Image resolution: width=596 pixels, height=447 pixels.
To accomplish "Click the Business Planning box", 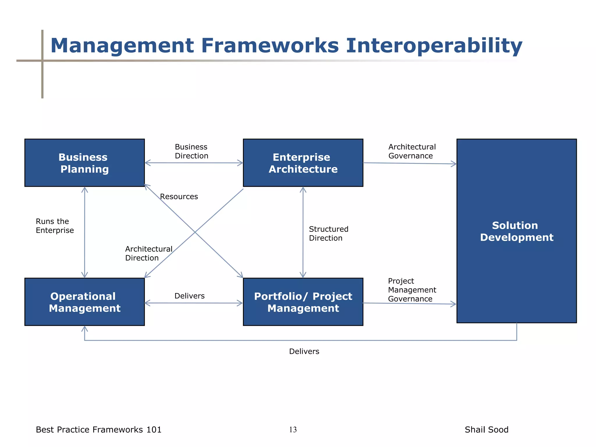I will [84, 163].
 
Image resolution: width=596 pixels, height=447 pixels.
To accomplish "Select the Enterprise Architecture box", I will [303, 163].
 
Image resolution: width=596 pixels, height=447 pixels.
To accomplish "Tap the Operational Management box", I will [84, 302].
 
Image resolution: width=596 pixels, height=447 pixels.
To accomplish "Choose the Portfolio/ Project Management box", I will [303, 302].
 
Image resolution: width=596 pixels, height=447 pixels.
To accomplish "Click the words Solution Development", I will [516, 231].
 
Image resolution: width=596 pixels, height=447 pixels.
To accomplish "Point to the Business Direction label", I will [191, 151].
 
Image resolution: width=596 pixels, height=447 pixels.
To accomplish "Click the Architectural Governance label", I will [412, 151].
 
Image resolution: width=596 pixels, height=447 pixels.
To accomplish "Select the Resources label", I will [179, 197].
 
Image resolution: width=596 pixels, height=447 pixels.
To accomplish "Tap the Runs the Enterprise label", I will [54, 226].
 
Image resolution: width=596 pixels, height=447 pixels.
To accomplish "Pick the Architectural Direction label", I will [148, 253].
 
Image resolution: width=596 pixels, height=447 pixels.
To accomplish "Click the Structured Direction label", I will [328, 233].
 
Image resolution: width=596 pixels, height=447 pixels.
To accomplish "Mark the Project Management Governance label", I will [411, 290].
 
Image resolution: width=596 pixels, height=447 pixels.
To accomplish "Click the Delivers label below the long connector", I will [304, 352].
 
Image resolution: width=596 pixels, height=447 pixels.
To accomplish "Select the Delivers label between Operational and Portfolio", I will [189, 296].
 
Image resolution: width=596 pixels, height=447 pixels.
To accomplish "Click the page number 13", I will [293, 430].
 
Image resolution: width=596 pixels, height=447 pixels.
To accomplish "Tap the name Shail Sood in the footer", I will [486, 430].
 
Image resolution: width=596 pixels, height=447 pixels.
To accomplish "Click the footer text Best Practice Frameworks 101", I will [98, 430].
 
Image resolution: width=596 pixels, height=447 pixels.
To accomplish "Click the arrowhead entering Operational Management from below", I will [85, 329].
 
